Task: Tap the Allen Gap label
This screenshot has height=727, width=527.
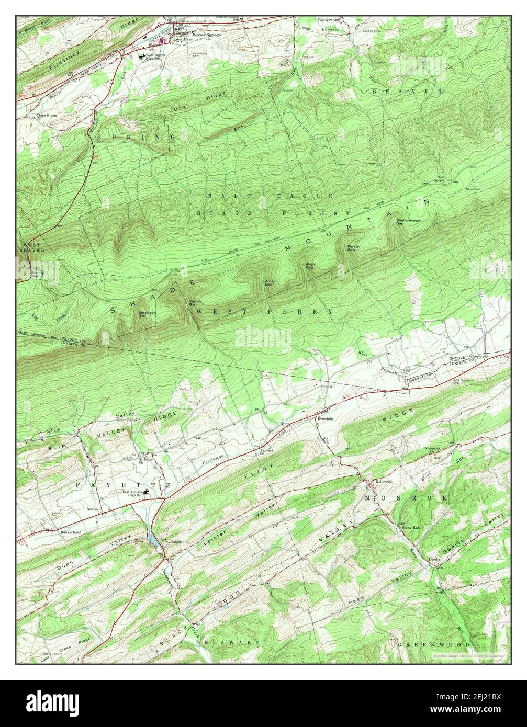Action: (310, 266)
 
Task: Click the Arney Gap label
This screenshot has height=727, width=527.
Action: (270, 282)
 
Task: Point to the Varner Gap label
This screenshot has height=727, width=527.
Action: (195, 303)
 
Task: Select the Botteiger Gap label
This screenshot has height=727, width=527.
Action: (145, 314)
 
